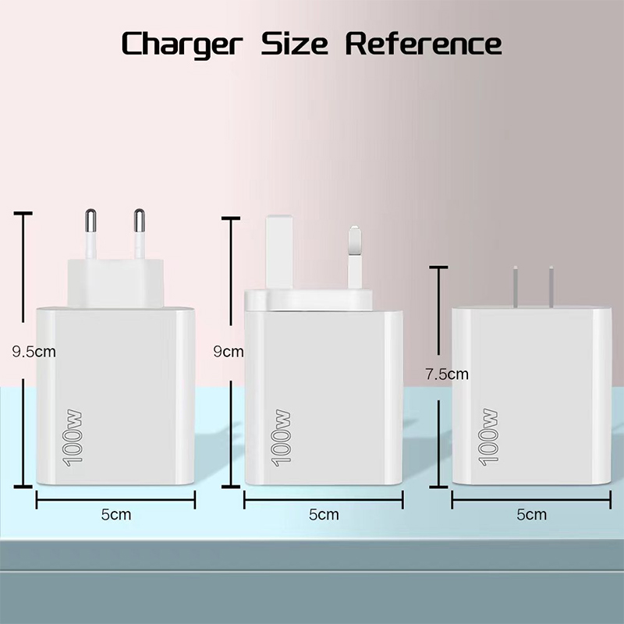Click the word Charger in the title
pos(182,44)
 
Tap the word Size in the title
pos(295,43)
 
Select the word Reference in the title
pos(424,43)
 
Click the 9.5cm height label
pos(34,352)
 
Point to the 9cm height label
pos(229,352)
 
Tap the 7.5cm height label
pos(447,374)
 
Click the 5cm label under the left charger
pos(115,515)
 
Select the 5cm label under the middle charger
pos(324,515)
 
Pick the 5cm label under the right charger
pos(531,515)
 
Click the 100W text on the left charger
pos(73,438)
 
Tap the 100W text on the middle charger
pos(281,438)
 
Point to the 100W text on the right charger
pos(488,437)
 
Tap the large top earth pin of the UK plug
pos(280,252)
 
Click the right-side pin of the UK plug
pos(355,257)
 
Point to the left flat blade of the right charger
pos(516,286)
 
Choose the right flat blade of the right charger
pos(551,286)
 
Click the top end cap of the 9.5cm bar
pos(23,214)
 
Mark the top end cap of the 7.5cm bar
pos(438,268)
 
